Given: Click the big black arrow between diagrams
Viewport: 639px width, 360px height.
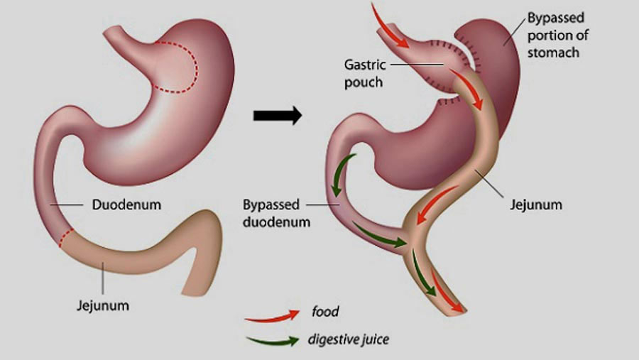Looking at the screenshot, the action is coord(278,115).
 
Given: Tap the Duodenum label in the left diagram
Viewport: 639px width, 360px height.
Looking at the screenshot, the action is coord(126,204).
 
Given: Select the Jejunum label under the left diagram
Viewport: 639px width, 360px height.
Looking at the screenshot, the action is coord(103,305).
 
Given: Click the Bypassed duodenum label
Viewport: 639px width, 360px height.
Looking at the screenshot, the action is coord(276,213).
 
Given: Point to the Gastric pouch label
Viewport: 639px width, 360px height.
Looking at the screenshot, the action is coord(364,73).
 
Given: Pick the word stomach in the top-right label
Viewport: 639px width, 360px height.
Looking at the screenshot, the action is coord(553,53).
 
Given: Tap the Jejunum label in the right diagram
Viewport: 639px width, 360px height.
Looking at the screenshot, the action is coord(536,204).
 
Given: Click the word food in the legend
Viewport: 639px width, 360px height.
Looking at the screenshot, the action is coord(325,312).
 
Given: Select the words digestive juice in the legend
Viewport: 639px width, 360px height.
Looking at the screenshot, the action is coord(349,339).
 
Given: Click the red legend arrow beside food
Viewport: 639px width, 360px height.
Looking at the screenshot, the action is coord(272,317).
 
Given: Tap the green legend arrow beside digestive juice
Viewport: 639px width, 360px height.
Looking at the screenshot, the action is coord(272,341).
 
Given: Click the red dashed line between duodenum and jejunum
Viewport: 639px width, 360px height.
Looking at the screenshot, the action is coord(65,237).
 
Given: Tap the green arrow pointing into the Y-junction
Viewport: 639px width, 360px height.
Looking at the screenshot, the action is coord(379,236).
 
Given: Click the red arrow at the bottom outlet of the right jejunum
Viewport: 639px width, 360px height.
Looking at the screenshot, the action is coord(447,293).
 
